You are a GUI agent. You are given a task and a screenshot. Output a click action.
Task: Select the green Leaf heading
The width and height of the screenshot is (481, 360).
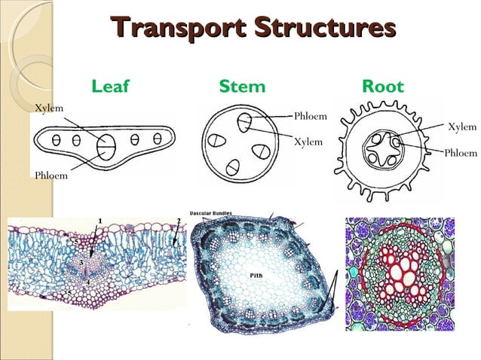tap(110, 86)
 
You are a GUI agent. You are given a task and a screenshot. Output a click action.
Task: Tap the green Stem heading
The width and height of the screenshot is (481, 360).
tap(242, 86)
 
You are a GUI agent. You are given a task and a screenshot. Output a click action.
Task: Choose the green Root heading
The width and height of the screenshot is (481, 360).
tap(383, 86)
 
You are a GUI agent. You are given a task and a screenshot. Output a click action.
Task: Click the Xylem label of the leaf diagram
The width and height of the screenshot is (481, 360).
tap(49, 108)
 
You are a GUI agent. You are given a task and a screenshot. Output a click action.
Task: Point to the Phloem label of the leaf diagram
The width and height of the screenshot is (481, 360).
tap(51, 175)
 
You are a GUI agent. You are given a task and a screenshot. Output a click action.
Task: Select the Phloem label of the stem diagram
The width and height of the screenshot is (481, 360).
tap(310, 116)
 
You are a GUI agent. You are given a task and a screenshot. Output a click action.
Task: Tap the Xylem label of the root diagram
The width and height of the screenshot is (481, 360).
tap(462, 127)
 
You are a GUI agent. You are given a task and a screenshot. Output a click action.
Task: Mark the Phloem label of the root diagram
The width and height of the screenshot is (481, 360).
tap(461, 153)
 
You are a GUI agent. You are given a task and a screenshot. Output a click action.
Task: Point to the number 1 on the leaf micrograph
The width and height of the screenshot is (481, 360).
tap(100, 220)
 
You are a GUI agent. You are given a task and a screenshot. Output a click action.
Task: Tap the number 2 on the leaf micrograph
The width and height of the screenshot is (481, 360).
tap(178, 220)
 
